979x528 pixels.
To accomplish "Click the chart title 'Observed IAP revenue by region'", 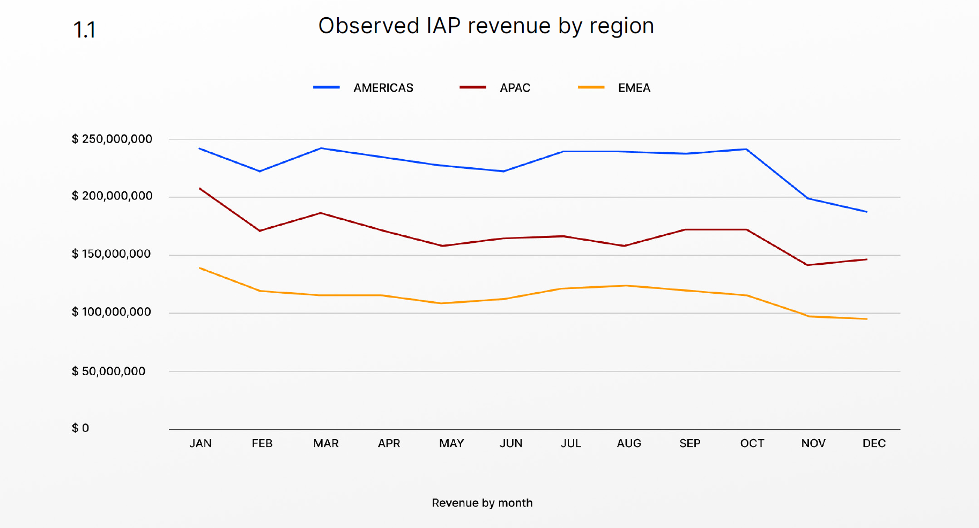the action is pyautogui.click(x=486, y=26).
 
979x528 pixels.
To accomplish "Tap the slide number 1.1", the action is pyautogui.click(x=84, y=30).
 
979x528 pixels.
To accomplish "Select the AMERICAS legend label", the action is pyautogui.click(x=383, y=88).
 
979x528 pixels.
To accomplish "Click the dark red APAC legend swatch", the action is pyautogui.click(x=472, y=87).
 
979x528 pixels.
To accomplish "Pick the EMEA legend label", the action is pyautogui.click(x=634, y=88).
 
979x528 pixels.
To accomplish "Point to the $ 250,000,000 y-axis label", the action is pyautogui.click(x=112, y=139).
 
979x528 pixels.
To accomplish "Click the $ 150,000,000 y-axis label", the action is pyautogui.click(x=112, y=254).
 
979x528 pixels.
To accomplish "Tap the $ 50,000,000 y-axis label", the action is pyautogui.click(x=109, y=371).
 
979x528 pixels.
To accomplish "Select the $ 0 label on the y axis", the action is pyautogui.click(x=80, y=428).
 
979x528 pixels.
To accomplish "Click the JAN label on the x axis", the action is pyautogui.click(x=201, y=444).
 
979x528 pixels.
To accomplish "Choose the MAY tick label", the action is pyautogui.click(x=451, y=444).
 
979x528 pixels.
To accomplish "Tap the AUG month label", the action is pyautogui.click(x=629, y=444).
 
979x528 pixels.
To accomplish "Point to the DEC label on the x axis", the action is pyautogui.click(x=874, y=444).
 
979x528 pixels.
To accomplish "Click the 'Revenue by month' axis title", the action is pyautogui.click(x=483, y=503).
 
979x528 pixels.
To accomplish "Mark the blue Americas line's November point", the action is pyautogui.click(x=807, y=198).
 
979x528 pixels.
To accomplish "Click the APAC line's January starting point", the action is pyautogui.click(x=199, y=188).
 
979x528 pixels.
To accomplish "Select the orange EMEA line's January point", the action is pyautogui.click(x=199, y=267).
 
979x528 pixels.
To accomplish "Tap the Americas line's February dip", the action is pyautogui.click(x=260, y=172).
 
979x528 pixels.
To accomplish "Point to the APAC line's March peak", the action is pyautogui.click(x=321, y=213).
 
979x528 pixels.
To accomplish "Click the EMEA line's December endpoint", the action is pyautogui.click(x=867, y=319).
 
